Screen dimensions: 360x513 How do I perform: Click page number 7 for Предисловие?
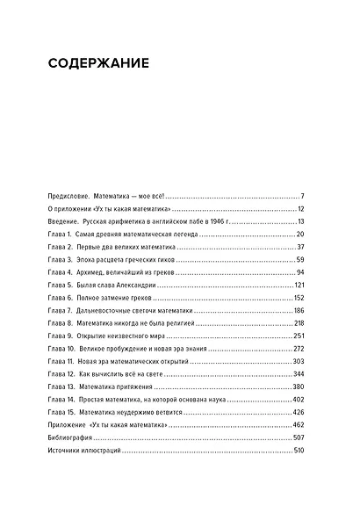point(300,195)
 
